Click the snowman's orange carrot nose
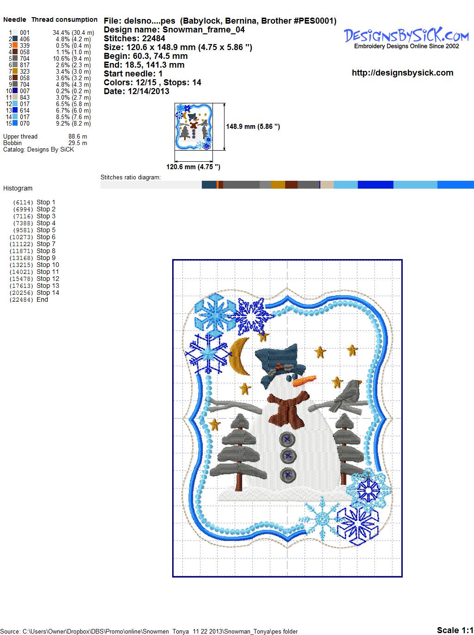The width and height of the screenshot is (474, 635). [x=304, y=381]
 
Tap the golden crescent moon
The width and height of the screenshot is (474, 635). [x=239, y=356]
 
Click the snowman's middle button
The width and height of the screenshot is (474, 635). [x=287, y=456]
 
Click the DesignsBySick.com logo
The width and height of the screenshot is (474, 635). [x=406, y=38]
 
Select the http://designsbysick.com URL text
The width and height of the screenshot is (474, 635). [x=402, y=73]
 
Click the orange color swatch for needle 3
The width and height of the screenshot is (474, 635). [x=15, y=45]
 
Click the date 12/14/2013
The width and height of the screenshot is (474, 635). [x=149, y=91]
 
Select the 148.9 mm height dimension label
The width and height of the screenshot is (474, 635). [x=253, y=127]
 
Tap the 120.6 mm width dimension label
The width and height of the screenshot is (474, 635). [x=193, y=167]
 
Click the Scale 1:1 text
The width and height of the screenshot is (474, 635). [x=455, y=630]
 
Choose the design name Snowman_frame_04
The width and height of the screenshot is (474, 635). [x=204, y=30]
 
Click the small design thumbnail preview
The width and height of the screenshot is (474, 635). [x=193, y=127]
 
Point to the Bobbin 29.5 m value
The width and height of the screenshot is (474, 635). [x=77, y=143]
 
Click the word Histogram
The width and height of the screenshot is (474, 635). [x=18, y=188]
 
